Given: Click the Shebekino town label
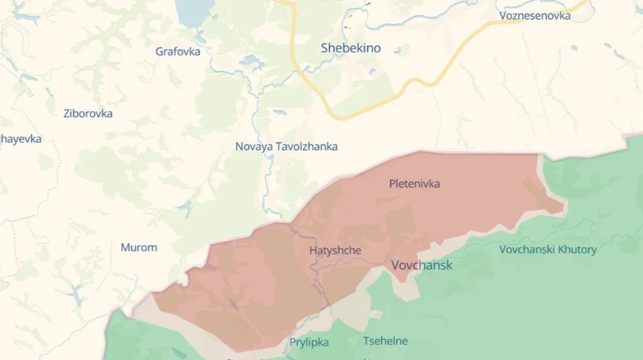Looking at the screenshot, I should click(350, 48).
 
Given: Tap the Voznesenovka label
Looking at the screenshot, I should click(535, 16).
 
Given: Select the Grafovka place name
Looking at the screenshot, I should click(178, 52).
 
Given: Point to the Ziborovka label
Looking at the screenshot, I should click(88, 113).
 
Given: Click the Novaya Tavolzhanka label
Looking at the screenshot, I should click(286, 146).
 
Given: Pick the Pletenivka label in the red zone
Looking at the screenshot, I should click(414, 184).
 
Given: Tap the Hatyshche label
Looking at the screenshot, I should click(335, 250).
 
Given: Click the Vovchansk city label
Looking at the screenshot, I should click(422, 265).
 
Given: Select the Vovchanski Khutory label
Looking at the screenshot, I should click(548, 250).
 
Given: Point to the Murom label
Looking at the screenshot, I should click(139, 247).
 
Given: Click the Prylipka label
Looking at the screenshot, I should click(309, 342).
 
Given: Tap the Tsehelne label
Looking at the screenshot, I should click(385, 341).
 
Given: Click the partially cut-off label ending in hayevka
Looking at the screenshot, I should click(20, 139).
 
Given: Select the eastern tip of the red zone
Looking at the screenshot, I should click(562, 207).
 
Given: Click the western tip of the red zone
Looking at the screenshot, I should click(155, 294).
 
